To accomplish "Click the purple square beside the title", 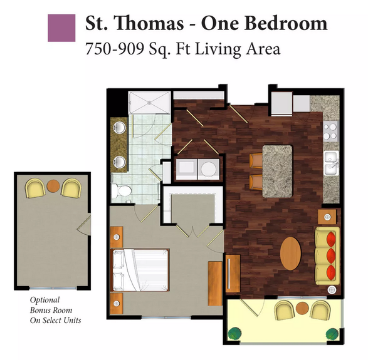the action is [x=61, y=28].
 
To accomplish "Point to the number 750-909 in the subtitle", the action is [x=115, y=49].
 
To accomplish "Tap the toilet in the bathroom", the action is [x=122, y=190].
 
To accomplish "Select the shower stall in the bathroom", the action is [x=149, y=103].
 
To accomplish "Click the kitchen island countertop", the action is [x=277, y=172].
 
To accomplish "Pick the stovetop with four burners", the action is [x=331, y=131].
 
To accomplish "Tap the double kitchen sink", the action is [x=332, y=163].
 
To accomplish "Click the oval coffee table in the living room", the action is [x=290, y=254].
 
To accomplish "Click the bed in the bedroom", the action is [x=140, y=270].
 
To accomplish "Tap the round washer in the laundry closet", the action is [x=209, y=169].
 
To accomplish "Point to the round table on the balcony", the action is [x=302, y=309].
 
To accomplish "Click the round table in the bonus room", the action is [x=53, y=186].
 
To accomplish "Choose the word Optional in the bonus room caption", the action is [x=45, y=301].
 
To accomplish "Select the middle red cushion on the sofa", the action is [x=331, y=255].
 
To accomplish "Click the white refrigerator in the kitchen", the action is [x=281, y=103].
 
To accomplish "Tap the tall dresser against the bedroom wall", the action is [x=215, y=284].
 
